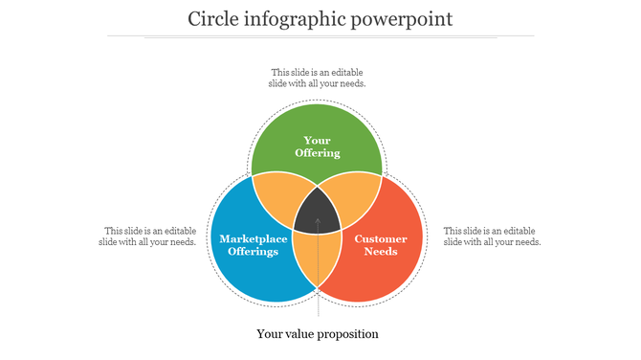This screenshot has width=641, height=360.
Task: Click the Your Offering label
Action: pos(317,146)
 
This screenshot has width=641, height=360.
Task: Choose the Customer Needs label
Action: pos(381,245)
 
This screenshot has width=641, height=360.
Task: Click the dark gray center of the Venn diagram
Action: pos(318,213)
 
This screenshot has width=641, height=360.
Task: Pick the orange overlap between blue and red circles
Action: pos(317,259)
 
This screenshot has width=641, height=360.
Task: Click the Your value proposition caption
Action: pos(318,334)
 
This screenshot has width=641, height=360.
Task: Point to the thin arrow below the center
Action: pos(318,287)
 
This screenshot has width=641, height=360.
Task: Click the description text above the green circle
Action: pos(317,78)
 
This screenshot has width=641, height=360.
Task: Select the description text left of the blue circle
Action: pos(148,236)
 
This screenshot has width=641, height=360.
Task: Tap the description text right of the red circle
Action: pos(492,236)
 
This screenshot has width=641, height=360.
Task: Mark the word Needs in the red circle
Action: pos(381,252)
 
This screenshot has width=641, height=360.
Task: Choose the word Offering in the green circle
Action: pos(317,153)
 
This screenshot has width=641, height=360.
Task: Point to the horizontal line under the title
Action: pos(320,36)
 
